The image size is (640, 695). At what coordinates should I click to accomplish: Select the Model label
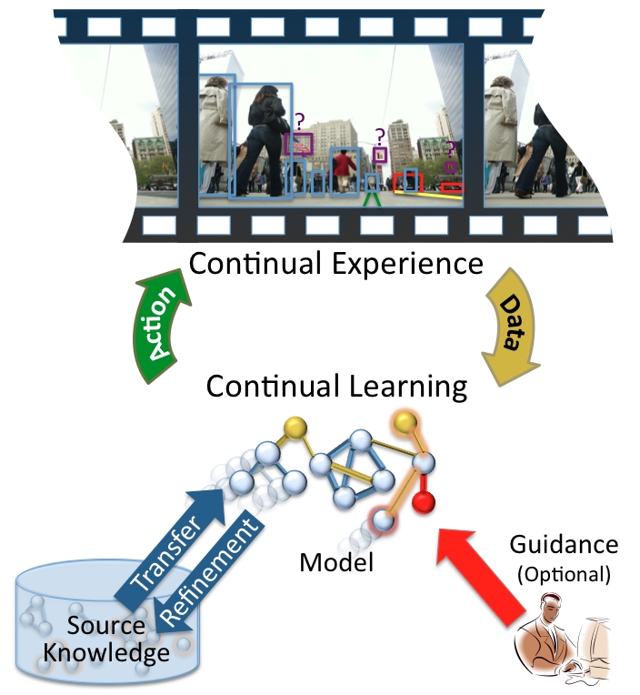click(x=336, y=563)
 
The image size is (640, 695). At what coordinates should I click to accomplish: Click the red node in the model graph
click(x=420, y=502)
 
